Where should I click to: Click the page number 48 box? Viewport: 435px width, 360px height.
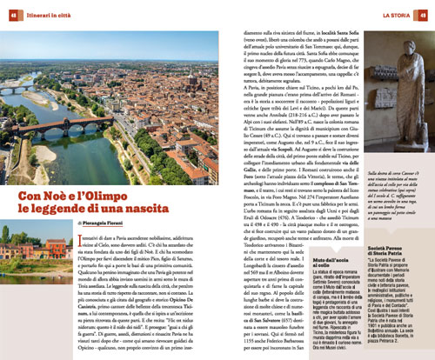click(x=12, y=14)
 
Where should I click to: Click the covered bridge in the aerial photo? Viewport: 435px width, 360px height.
click(x=61, y=121)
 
